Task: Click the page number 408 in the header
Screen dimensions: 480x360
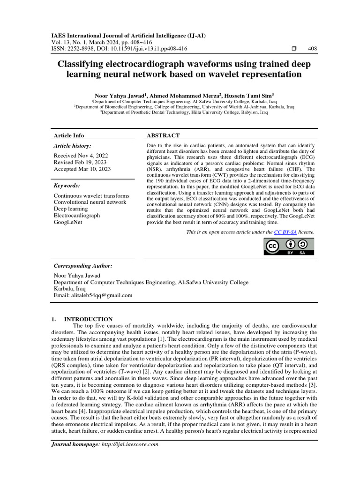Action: (312, 49)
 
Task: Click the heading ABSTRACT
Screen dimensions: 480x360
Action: (164, 135)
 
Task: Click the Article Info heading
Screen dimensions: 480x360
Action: (69, 135)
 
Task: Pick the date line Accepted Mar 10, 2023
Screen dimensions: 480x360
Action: (82, 169)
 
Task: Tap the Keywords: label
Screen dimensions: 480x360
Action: (67, 186)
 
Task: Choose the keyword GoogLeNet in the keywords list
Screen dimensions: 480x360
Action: (68, 222)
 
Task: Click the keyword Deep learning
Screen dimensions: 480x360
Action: (71, 209)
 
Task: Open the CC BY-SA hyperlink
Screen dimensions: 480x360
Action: (285, 232)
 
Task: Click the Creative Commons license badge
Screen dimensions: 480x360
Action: (289, 246)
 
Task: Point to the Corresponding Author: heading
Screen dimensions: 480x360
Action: (82, 266)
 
